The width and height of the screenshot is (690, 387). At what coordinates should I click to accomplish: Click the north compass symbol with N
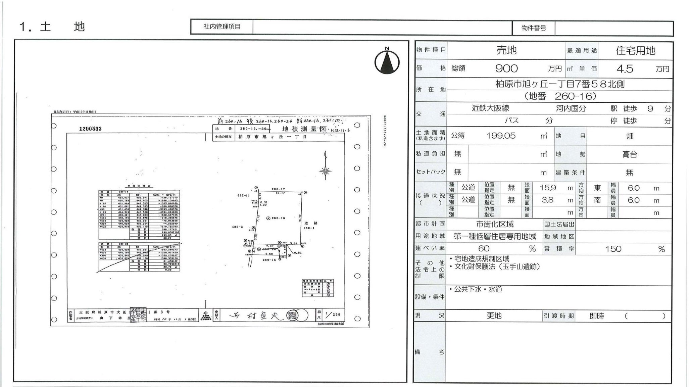(387, 61)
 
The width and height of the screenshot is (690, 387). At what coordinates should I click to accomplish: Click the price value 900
(506, 68)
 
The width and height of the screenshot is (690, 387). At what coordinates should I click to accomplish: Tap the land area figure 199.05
(501, 136)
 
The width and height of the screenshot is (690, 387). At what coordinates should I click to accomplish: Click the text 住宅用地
(636, 51)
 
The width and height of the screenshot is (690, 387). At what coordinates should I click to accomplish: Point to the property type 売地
(506, 50)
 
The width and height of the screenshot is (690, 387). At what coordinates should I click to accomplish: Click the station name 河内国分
(571, 108)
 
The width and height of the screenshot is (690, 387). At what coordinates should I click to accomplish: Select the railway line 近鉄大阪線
(490, 108)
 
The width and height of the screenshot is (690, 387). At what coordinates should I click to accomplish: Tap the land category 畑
(630, 136)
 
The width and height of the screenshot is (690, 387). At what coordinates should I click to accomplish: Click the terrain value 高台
(630, 154)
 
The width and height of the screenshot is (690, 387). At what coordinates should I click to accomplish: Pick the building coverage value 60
(484, 249)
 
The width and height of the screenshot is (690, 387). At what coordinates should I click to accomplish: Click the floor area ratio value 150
(613, 249)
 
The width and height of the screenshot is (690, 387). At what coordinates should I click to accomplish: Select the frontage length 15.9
(548, 188)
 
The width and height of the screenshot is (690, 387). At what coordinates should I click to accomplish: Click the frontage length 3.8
(547, 200)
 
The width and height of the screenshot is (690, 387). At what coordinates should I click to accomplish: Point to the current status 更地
(494, 316)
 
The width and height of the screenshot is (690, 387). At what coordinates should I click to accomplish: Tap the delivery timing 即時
(596, 316)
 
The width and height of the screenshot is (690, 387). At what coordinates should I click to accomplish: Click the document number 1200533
(90, 129)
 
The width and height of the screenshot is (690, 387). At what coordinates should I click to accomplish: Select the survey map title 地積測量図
(304, 129)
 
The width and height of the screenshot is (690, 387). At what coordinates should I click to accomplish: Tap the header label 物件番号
(533, 28)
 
